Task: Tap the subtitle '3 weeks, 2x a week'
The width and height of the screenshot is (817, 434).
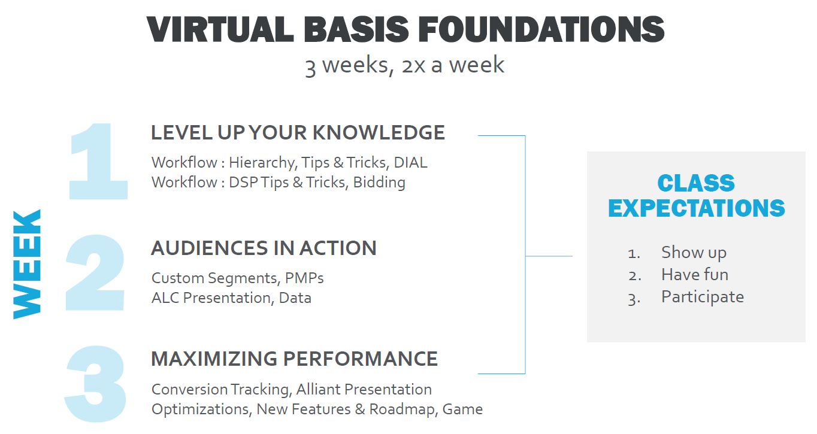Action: (404, 65)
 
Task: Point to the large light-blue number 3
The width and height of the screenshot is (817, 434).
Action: (96, 383)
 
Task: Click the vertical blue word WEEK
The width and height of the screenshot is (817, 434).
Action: (28, 264)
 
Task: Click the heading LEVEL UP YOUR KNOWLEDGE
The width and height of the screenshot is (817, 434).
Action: (298, 132)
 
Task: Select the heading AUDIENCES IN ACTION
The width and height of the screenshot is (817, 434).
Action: (264, 248)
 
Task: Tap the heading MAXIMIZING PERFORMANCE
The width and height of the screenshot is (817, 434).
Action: (294, 359)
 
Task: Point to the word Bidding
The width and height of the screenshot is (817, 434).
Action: (379, 182)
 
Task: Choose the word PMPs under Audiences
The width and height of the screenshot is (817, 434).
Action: (304, 278)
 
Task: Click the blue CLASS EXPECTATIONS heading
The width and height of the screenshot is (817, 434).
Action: (696, 195)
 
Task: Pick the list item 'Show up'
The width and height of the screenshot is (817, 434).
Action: (694, 252)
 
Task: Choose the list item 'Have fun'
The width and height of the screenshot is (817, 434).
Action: (695, 274)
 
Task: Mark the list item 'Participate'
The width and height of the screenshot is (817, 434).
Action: (702, 296)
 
